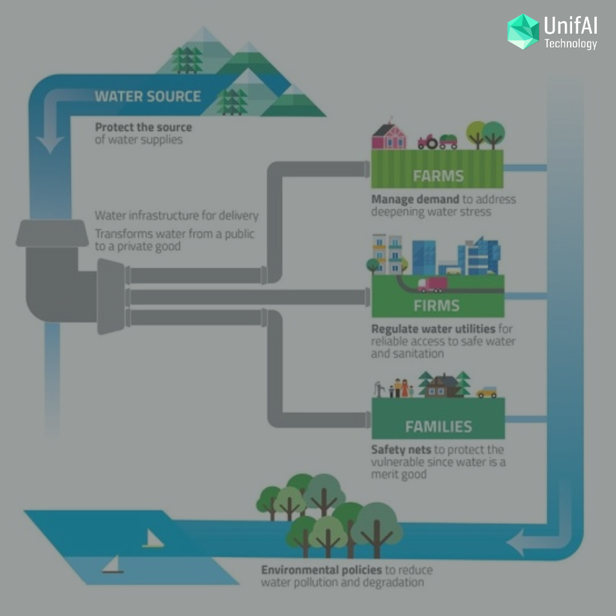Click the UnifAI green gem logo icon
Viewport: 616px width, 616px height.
(x=523, y=32)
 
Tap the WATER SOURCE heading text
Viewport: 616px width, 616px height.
(x=148, y=97)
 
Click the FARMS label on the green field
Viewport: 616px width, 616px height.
(x=438, y=176)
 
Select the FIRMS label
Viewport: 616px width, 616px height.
(x=437, y=306)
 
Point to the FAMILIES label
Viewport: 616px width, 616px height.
(x=439, y=427)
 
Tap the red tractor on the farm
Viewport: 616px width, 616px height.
(x=428, y=142)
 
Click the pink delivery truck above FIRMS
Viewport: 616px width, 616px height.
(x=433, y=285)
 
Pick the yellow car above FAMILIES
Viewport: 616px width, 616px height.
(x=487, y=392)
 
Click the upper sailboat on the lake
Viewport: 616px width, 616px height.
(x=153, y=538)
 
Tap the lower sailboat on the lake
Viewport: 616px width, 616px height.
(x=112, y=564)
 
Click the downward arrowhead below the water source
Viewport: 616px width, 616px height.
(x=50, y=144)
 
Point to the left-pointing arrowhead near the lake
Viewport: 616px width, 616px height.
(x=516, y=542)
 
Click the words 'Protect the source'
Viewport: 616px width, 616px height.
(x=143, y=128)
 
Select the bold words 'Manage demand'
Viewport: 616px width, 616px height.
(x=415, y=200)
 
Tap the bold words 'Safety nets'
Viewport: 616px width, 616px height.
(x=401, y=449)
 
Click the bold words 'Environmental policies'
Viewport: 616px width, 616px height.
(x=321, y=570)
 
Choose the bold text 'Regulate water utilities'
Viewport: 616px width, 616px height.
(x=433, y=329)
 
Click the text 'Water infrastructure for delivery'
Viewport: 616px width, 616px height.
(x=177, y=215)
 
